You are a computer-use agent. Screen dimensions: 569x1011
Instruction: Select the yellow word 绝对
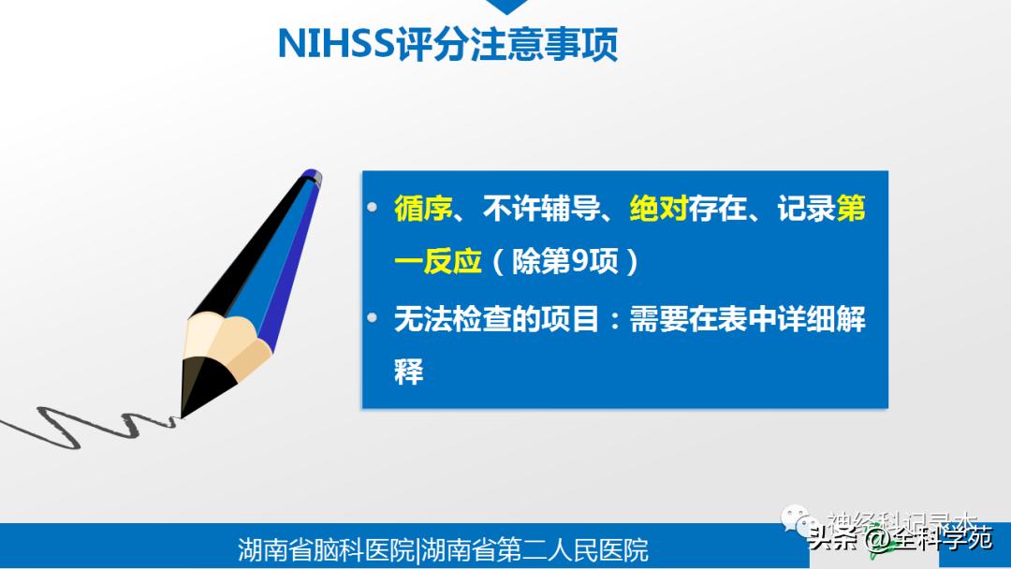(658, 210)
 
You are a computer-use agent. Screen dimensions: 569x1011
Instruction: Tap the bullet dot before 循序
(374, 208)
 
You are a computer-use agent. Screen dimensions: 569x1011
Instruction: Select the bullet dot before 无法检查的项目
(374, 316)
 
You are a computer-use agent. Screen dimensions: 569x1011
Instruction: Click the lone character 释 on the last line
(409, 371)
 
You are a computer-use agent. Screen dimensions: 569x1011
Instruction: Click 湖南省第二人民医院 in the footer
(535, 548)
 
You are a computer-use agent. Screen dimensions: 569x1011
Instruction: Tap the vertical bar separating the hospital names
(418, 548)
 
